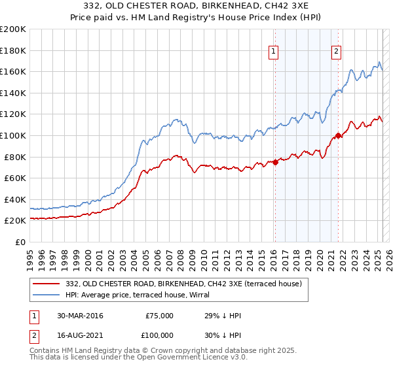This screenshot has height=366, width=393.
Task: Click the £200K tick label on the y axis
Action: tap(13, 29)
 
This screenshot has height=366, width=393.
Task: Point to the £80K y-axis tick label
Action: tap(15, 157)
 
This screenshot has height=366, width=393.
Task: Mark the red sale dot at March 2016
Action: tap(275, 163)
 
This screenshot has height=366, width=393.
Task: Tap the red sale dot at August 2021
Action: tap(338, 136)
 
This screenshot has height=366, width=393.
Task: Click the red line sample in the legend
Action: tap(47, 284)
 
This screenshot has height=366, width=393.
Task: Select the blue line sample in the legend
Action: tap(47, 295)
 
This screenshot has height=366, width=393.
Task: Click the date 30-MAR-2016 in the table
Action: tap(80, 316)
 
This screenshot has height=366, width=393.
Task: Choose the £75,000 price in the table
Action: tap(159, 316)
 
